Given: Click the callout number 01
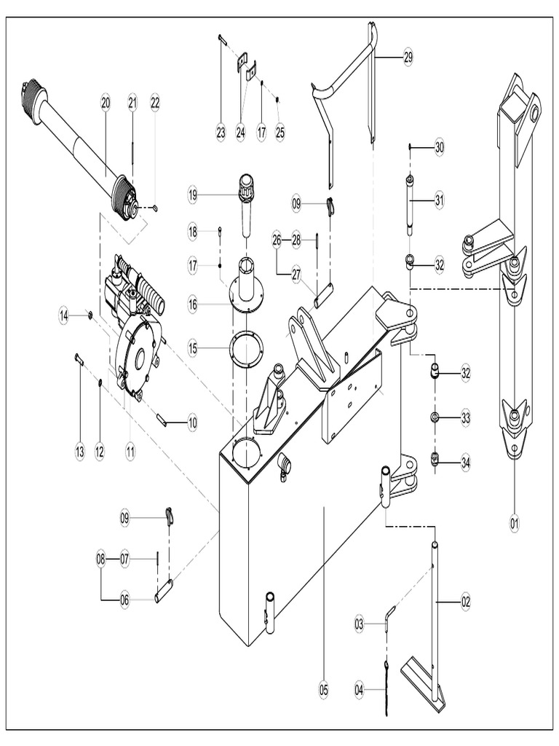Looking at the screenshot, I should click(x=514, y=522).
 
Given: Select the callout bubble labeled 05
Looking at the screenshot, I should click(x=323, y=688).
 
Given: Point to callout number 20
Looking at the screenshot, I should click(x=106, y=103).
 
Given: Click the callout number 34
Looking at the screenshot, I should click(x=465, y=461).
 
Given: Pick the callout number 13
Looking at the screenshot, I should click(x=79, y=452).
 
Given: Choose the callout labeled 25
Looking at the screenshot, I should click(x=279, y=133).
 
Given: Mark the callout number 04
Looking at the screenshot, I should click(x=358, y=688).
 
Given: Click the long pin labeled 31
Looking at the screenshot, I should click(x=411, y=204).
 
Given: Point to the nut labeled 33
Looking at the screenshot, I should click(x=435, y=417).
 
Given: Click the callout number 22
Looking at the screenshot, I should click(x=154, y=103).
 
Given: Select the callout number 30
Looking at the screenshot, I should click(x=438, y=147).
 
